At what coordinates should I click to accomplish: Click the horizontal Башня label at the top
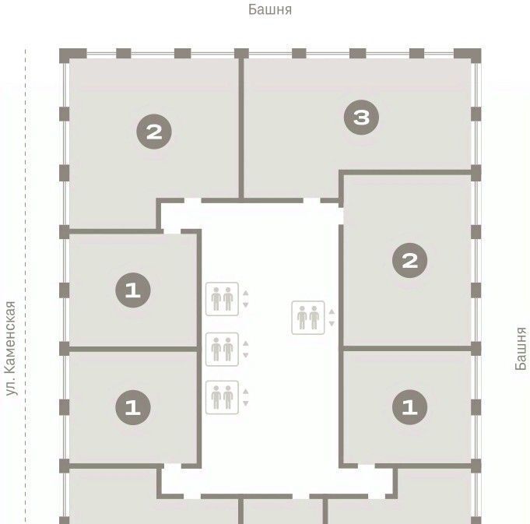pos(270,9)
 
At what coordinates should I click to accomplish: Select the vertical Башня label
pos(521,349)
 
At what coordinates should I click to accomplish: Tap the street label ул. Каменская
pos(10,348)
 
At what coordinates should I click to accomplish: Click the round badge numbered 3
pos(361,118)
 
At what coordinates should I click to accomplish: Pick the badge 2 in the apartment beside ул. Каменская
pos(154,132)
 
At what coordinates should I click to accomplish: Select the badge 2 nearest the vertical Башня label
pos(409,260)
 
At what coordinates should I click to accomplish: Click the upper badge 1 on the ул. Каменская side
pos(133,290)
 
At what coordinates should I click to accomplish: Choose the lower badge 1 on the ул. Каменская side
pos(133,407)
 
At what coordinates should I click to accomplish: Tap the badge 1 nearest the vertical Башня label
pos(409,407)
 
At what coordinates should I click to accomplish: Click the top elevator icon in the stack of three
pos(222,299)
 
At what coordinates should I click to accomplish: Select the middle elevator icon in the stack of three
pos(222,350)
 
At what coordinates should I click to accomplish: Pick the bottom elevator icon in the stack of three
pos(222,397)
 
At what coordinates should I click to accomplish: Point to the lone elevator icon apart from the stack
pos(308,318)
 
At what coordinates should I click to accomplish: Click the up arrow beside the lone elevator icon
pos(332,311)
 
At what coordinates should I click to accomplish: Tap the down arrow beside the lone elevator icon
pos(332,324)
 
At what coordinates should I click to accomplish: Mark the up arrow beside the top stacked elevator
pos(246,293)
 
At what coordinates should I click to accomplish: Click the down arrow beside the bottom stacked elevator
pos(246,403)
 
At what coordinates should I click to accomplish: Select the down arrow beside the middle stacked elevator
pos(246,355)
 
